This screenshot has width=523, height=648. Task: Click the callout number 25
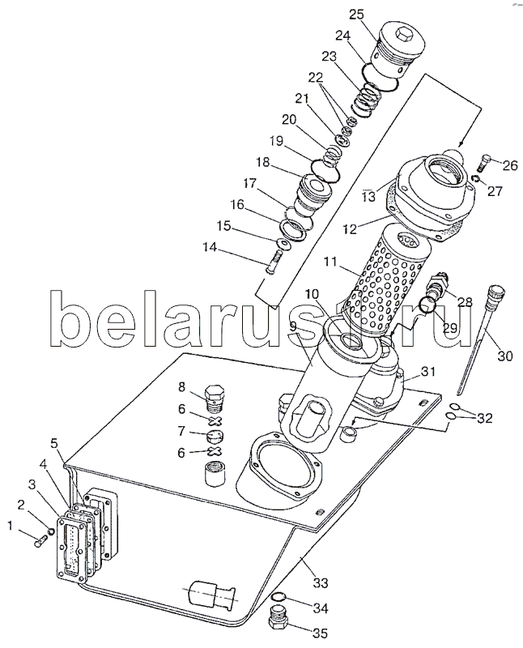coord(357,15)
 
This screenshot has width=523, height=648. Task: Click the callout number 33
coord(320,582)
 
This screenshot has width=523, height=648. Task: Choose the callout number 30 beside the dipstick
coord(505,356)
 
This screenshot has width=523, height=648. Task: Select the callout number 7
coord(181,432)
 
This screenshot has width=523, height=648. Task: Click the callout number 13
coord(369,195)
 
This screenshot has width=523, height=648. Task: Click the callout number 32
coord(484,418)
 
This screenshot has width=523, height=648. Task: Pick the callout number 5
coord(54,443)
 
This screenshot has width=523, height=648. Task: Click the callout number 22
coord(317,77)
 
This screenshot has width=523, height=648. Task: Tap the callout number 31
coord(428,372)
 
